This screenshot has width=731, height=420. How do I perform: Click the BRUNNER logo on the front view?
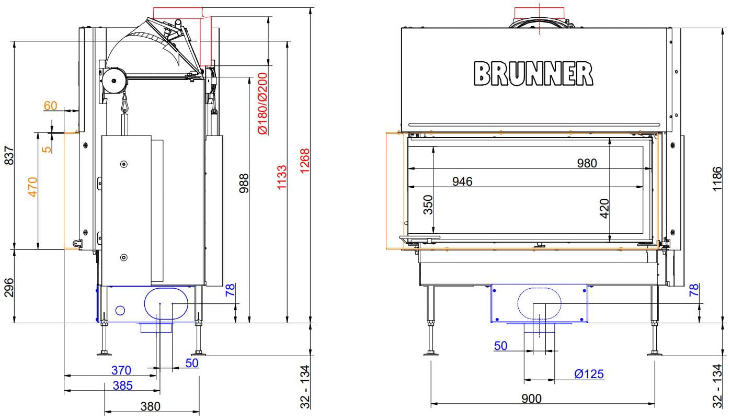[533, 74]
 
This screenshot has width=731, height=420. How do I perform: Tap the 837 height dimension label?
[9, 155]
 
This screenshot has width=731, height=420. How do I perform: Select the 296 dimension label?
[9, 288]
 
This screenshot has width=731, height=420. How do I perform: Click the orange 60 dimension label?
[50, 106]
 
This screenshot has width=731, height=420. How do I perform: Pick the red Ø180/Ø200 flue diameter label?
[262, 104]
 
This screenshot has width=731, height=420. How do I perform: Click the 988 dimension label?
[244, 184]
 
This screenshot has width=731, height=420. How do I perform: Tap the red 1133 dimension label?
[282, 177]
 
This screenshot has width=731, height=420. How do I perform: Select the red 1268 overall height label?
[304, 161]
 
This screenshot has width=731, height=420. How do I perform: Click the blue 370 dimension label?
[121, 370]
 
